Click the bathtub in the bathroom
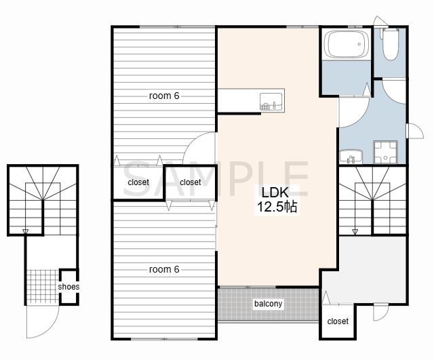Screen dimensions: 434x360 347,43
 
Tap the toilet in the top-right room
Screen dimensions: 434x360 391,43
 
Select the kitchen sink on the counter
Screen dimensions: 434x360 271,102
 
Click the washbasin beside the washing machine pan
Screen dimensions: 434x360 351,157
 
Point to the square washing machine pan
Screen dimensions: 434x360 386,152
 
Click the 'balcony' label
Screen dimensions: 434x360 268,304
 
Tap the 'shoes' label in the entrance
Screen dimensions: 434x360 68,287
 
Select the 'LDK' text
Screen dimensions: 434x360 275,193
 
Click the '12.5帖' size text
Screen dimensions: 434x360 277,206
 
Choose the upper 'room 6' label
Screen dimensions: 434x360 164,96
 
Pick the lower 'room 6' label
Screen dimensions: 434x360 164,269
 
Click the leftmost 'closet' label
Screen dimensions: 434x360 138,182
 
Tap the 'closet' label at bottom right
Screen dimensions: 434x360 338,321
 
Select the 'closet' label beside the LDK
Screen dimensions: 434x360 190,182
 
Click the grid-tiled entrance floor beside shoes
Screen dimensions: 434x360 43,286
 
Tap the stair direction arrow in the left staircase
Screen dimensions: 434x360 26,231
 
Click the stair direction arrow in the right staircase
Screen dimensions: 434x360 355,232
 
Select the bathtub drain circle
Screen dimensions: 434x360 359,44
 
